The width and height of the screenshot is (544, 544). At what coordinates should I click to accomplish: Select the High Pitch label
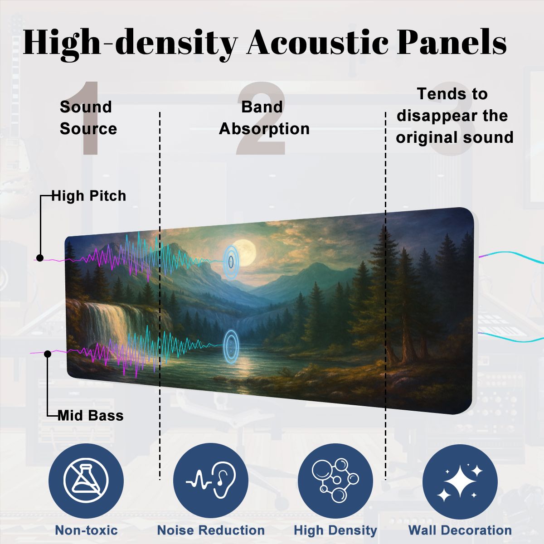tap(89, 196)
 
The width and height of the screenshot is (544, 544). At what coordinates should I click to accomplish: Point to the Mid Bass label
tap(91, 415)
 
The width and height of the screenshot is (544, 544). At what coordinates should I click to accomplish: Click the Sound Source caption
tap(88, 118)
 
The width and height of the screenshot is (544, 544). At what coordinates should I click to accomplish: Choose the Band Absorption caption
tap(264, 118)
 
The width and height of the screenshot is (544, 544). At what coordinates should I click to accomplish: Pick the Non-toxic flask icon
tap(86, 481)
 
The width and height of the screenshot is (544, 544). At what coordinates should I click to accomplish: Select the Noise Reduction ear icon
tap(211, 481)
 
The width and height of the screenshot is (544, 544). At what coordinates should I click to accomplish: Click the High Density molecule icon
tap(335, 481)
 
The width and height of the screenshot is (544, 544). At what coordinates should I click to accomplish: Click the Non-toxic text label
tap(86, 530)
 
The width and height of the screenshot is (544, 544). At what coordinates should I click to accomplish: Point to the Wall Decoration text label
tap(460, 530)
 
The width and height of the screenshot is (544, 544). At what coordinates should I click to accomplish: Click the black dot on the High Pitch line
tap(40, 258)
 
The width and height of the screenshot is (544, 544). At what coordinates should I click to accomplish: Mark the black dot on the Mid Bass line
tap(48, 354)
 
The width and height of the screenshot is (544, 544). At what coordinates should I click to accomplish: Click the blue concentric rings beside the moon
tap(231, 261)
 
